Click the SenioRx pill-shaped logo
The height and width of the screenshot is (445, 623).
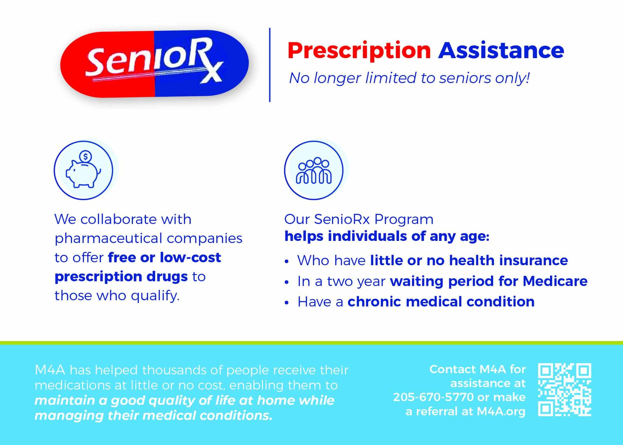tap(155, 64)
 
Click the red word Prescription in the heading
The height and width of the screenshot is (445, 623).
tap(359, 51)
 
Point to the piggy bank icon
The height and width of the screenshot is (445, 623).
tap(83, 170)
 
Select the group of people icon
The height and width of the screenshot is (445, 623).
tap(314, 170)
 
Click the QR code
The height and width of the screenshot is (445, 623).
tap(565, 390)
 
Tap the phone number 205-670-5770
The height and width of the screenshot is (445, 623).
tap(433, 397)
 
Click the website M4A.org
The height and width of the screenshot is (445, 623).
tap(501, 411)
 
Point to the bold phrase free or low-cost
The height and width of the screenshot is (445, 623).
tap(164, 257)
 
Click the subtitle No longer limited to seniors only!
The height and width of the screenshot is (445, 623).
tap(409, 78)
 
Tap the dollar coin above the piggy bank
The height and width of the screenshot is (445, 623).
tap(85, 157)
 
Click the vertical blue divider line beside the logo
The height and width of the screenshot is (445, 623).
tap(270, 65)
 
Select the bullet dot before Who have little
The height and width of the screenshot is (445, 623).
tap(286, 262)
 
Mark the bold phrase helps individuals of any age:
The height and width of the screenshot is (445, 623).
tap(387, 236)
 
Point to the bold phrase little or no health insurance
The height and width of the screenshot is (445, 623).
tap(469, 260)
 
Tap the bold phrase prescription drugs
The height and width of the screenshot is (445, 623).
tap(121, 277)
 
